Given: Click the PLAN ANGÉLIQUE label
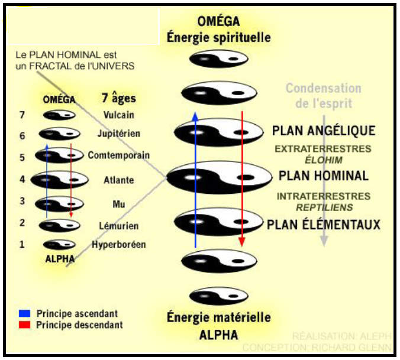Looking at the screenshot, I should click(x=323, y=131).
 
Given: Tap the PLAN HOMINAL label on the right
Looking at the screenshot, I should click(x=323, y=176).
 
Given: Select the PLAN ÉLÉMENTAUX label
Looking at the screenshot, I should click(x=323, y=224).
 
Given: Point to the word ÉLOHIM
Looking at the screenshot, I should click(x=323, y=160).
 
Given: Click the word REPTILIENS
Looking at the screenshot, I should click(x=323, y=207).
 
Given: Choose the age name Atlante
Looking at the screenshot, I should click(x=118, y=180).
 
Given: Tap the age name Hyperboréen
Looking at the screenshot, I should click(x=118, y=244).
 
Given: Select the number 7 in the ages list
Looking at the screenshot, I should click(x=22, y=115).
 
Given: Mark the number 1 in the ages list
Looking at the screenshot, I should click(x=22, y=244).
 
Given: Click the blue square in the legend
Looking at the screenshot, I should click(x=24, y=313).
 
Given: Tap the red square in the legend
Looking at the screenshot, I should click(x=24, y=325).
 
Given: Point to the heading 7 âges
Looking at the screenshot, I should click(x=118, y=99).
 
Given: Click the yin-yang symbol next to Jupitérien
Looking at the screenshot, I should click(x=59, y=134).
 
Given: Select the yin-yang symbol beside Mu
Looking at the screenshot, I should click(x=59, y=203).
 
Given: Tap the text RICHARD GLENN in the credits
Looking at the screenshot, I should click(x=357, y=347).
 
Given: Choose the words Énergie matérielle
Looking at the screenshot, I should click(x=218, y=317).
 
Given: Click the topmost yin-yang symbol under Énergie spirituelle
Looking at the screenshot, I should click(x=218, y=59).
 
